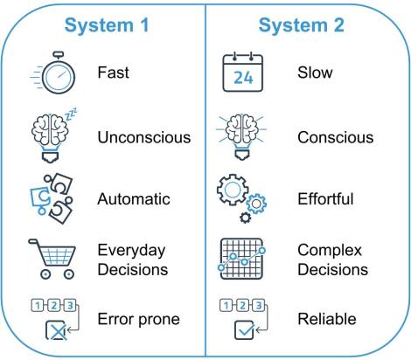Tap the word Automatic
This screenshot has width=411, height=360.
tap(133, 198)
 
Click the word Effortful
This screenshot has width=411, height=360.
tap(326, 198)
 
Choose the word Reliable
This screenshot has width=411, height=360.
tap(324, 320)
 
